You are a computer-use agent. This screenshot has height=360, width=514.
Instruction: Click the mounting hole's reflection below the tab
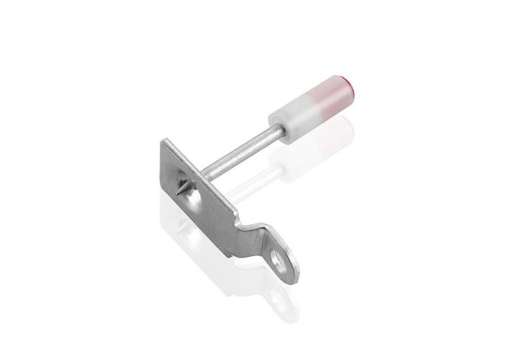[277, 296]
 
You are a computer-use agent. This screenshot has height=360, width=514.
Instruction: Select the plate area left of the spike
[168, 174]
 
